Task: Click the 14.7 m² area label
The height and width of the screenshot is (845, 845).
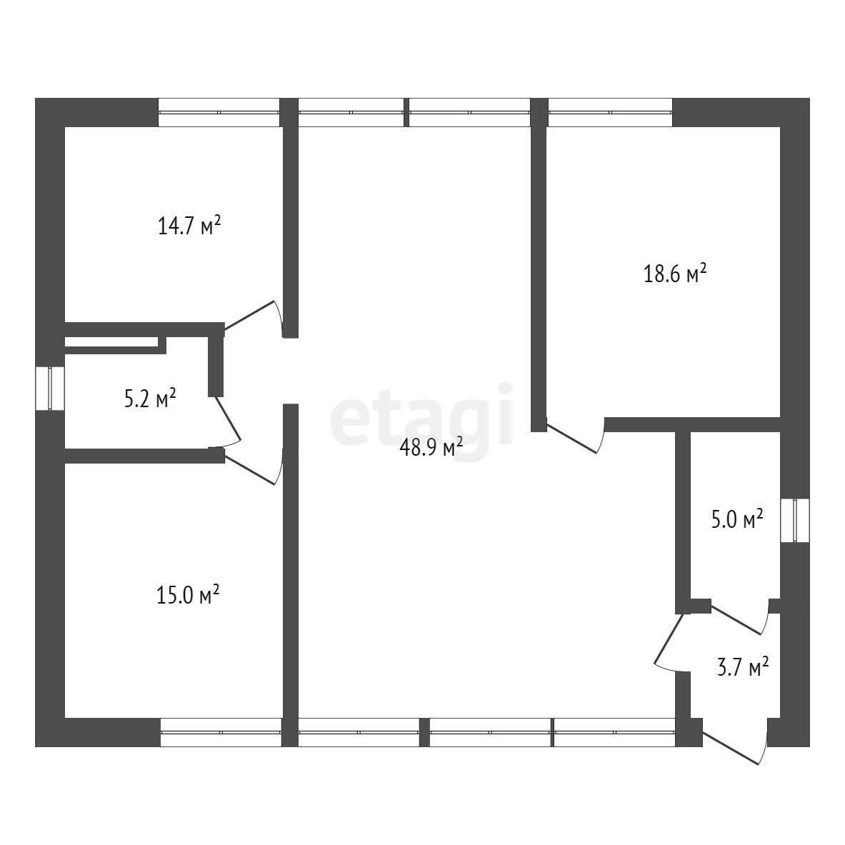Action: point(190,225)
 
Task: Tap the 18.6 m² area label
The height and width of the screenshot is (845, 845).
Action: point(675,274)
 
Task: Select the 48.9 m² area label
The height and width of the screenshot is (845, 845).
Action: point(431,446)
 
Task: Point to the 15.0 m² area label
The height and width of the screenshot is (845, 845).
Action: point(188,596)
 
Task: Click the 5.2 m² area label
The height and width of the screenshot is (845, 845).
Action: point(150,399)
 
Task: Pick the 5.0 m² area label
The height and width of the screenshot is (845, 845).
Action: point(737,519)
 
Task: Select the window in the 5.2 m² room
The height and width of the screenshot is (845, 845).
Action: point(50,388)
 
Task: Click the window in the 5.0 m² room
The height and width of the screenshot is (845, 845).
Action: point(795,520)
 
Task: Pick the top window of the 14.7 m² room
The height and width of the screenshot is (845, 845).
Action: point(219,112)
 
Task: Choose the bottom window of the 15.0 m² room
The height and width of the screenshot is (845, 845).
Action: point(221,732)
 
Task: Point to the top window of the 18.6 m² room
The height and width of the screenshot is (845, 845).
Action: point(610,112)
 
